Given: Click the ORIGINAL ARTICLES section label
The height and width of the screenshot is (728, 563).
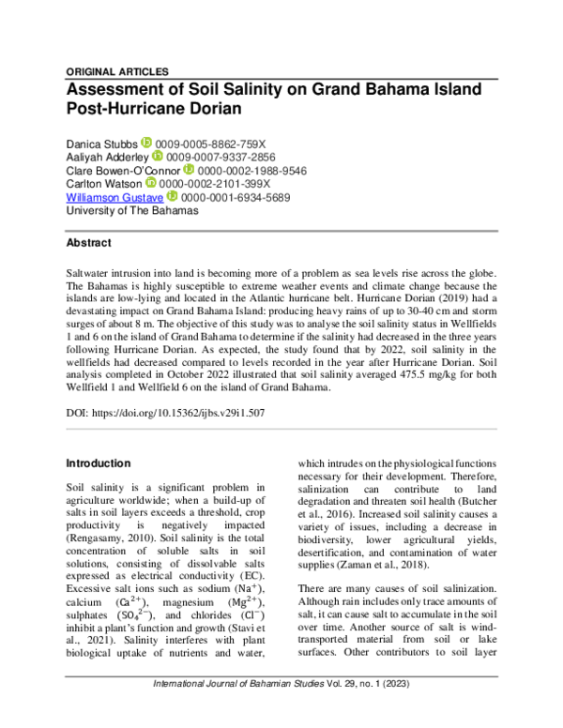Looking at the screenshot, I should click(117, 71).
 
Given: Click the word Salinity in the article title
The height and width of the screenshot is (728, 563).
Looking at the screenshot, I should click(246, 89).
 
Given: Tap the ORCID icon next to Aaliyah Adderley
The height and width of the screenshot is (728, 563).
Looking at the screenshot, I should click(158, 157).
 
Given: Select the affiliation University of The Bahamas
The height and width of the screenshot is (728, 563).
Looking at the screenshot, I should click(131, 211).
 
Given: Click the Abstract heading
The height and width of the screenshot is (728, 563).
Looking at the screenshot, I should click(88, 242).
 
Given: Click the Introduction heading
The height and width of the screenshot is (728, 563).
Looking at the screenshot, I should click(98, 463).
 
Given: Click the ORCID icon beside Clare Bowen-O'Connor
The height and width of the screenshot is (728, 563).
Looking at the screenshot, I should click(190, 171).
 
